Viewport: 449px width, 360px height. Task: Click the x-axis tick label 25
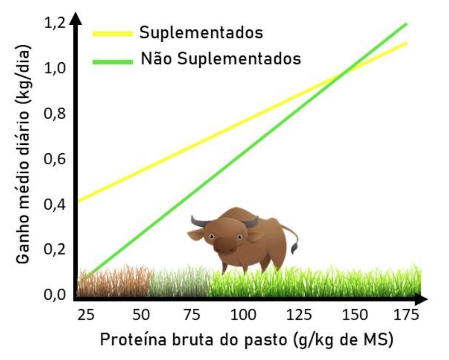point(86,315)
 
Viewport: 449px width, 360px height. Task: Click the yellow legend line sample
point(112,34)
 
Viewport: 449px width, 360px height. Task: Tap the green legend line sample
point(112,61)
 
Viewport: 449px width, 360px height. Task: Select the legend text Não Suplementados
point(221,59)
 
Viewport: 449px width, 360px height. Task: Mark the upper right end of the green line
point(406,24)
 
